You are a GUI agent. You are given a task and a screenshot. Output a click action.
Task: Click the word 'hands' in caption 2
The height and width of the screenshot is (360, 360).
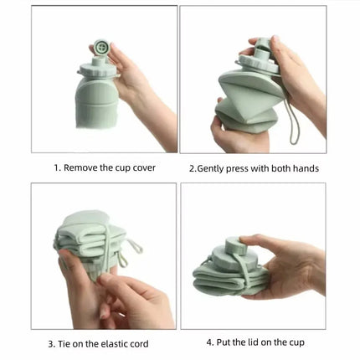pyautogui.click(x=304, y=168)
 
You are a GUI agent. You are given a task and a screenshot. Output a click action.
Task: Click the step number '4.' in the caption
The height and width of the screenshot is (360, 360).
pyautogui.click(x=209, y=343)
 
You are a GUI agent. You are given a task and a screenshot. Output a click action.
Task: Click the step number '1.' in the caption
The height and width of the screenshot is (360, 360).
pyautogui.click(x=56, y=167)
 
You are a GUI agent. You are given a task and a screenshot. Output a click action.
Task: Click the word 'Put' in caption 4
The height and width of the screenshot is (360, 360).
pyautogui.click(x=228, y=343)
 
